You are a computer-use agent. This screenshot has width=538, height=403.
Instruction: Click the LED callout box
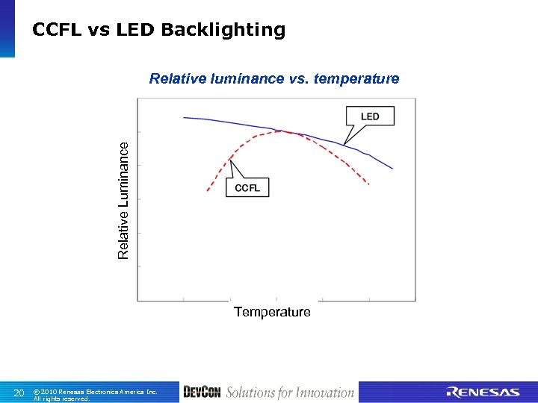tap(369, 116)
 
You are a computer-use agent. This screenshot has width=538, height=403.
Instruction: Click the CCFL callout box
tap(247, 187)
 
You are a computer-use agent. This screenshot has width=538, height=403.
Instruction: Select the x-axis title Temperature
tap(272, 312)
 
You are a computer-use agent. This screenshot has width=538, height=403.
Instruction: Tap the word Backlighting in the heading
tap(223, 30)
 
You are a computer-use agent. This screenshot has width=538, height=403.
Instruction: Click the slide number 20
tap(19, 393)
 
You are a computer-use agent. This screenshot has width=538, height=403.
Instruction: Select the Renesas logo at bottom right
tap(483, 393)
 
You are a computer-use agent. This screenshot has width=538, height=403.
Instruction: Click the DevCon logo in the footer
tap(202, 393)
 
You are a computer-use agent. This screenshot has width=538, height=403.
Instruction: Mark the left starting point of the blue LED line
tap(184, 117)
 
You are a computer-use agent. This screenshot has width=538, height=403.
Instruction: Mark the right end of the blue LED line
tap(392, 169)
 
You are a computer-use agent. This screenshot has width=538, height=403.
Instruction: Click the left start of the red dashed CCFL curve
tap(208, 192)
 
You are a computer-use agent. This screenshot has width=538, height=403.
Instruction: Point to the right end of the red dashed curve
tap(370, 184)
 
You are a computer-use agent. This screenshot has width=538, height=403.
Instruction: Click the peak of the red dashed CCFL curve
tap(282, 131)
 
